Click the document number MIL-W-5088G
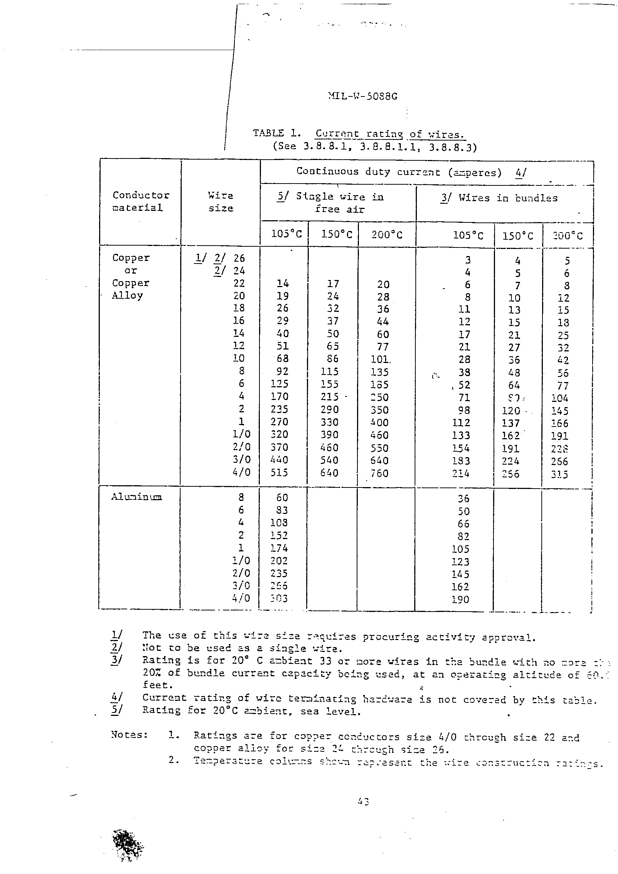[363, 96]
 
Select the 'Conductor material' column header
[140, 201]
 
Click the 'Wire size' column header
[221, 202]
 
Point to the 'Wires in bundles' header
[499, 198]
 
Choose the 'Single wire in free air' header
[330, 203]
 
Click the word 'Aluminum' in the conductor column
[136, 497]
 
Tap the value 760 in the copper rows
[379, 473]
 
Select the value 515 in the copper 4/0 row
[279, 473]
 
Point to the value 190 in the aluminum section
[460, 600]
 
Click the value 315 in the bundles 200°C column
[559, 474]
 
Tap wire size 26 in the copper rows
[239, 258]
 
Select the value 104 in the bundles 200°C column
[559, 398]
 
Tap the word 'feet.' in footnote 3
[158, 685]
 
